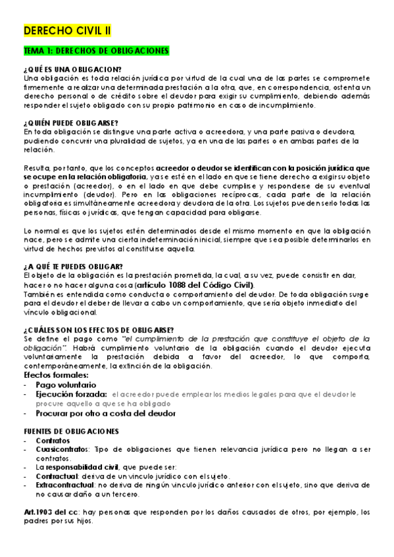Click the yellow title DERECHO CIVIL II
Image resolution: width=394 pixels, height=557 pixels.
pos(68,31)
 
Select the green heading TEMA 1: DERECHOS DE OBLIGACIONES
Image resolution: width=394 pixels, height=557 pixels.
pos(97,51)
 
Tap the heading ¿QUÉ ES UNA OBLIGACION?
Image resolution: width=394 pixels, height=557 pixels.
pos(72,70)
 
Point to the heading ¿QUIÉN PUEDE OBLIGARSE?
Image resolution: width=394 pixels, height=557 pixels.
pos(71,123)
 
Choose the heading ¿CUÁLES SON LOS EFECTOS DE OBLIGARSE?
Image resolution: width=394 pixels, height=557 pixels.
pos(98,330)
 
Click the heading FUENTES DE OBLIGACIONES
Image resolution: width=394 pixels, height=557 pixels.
pos(71,432)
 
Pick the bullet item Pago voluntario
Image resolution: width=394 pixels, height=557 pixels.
pos(66,385)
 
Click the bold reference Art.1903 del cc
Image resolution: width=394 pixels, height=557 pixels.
pos(50,512)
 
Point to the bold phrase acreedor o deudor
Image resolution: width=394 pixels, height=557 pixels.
pos(186,167)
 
